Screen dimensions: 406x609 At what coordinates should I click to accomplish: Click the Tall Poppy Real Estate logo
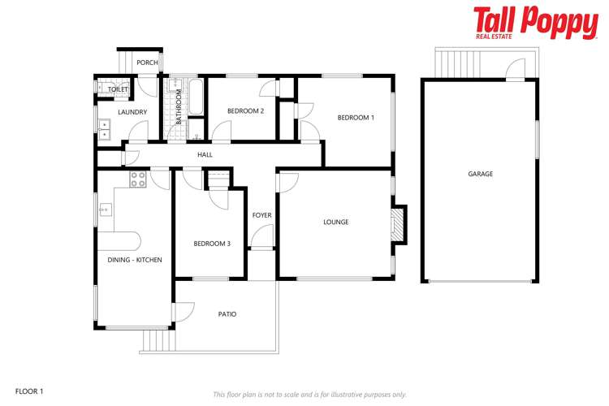[535, 23]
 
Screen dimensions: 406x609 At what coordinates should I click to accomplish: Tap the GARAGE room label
[480, 174]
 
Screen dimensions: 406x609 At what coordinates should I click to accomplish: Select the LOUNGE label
[335, 222]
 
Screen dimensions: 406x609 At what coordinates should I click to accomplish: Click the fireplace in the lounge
[397, 227]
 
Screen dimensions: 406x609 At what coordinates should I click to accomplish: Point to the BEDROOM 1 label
[356, 118]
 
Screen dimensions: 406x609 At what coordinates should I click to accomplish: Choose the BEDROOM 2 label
[244, 111]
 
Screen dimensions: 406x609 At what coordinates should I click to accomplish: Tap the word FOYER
[261, 215]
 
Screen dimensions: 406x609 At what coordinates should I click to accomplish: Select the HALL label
[205, 154]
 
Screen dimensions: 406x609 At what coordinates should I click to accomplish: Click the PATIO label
[227, 314]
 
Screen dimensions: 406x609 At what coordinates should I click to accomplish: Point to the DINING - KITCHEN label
[135, 260]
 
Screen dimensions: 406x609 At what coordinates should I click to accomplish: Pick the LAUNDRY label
[132, 112]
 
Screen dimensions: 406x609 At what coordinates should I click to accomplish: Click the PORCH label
[147, 63]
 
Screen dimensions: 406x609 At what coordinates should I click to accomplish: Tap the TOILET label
[118, 89]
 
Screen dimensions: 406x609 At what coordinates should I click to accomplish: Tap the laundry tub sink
[104, 127]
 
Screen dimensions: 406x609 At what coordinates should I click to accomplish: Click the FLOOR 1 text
[29, 391]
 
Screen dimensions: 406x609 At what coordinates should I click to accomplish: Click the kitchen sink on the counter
[105, 211]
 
